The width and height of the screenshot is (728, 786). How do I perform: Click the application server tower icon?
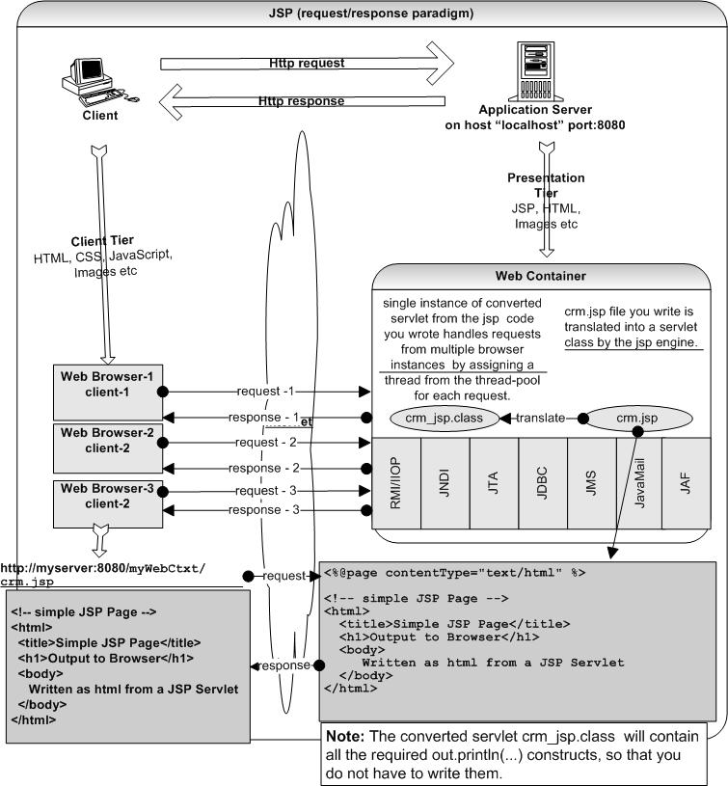point(546,70)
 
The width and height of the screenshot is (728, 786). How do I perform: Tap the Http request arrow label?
point(307,64)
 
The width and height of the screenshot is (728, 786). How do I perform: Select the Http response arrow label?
point(302,100)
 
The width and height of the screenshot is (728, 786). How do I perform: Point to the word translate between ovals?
point(542,419)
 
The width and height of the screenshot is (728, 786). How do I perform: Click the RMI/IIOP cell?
point(396,481)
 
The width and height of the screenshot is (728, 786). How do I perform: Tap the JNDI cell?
point(445,481)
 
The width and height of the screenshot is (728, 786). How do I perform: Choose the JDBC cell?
point(542,481)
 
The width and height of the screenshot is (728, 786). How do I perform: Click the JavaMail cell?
point(638,481)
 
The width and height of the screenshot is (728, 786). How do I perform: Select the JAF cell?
point(686,481)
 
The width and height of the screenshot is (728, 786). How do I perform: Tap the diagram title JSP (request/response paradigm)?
point(370,13)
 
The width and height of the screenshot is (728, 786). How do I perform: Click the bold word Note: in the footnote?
point(347,736)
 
